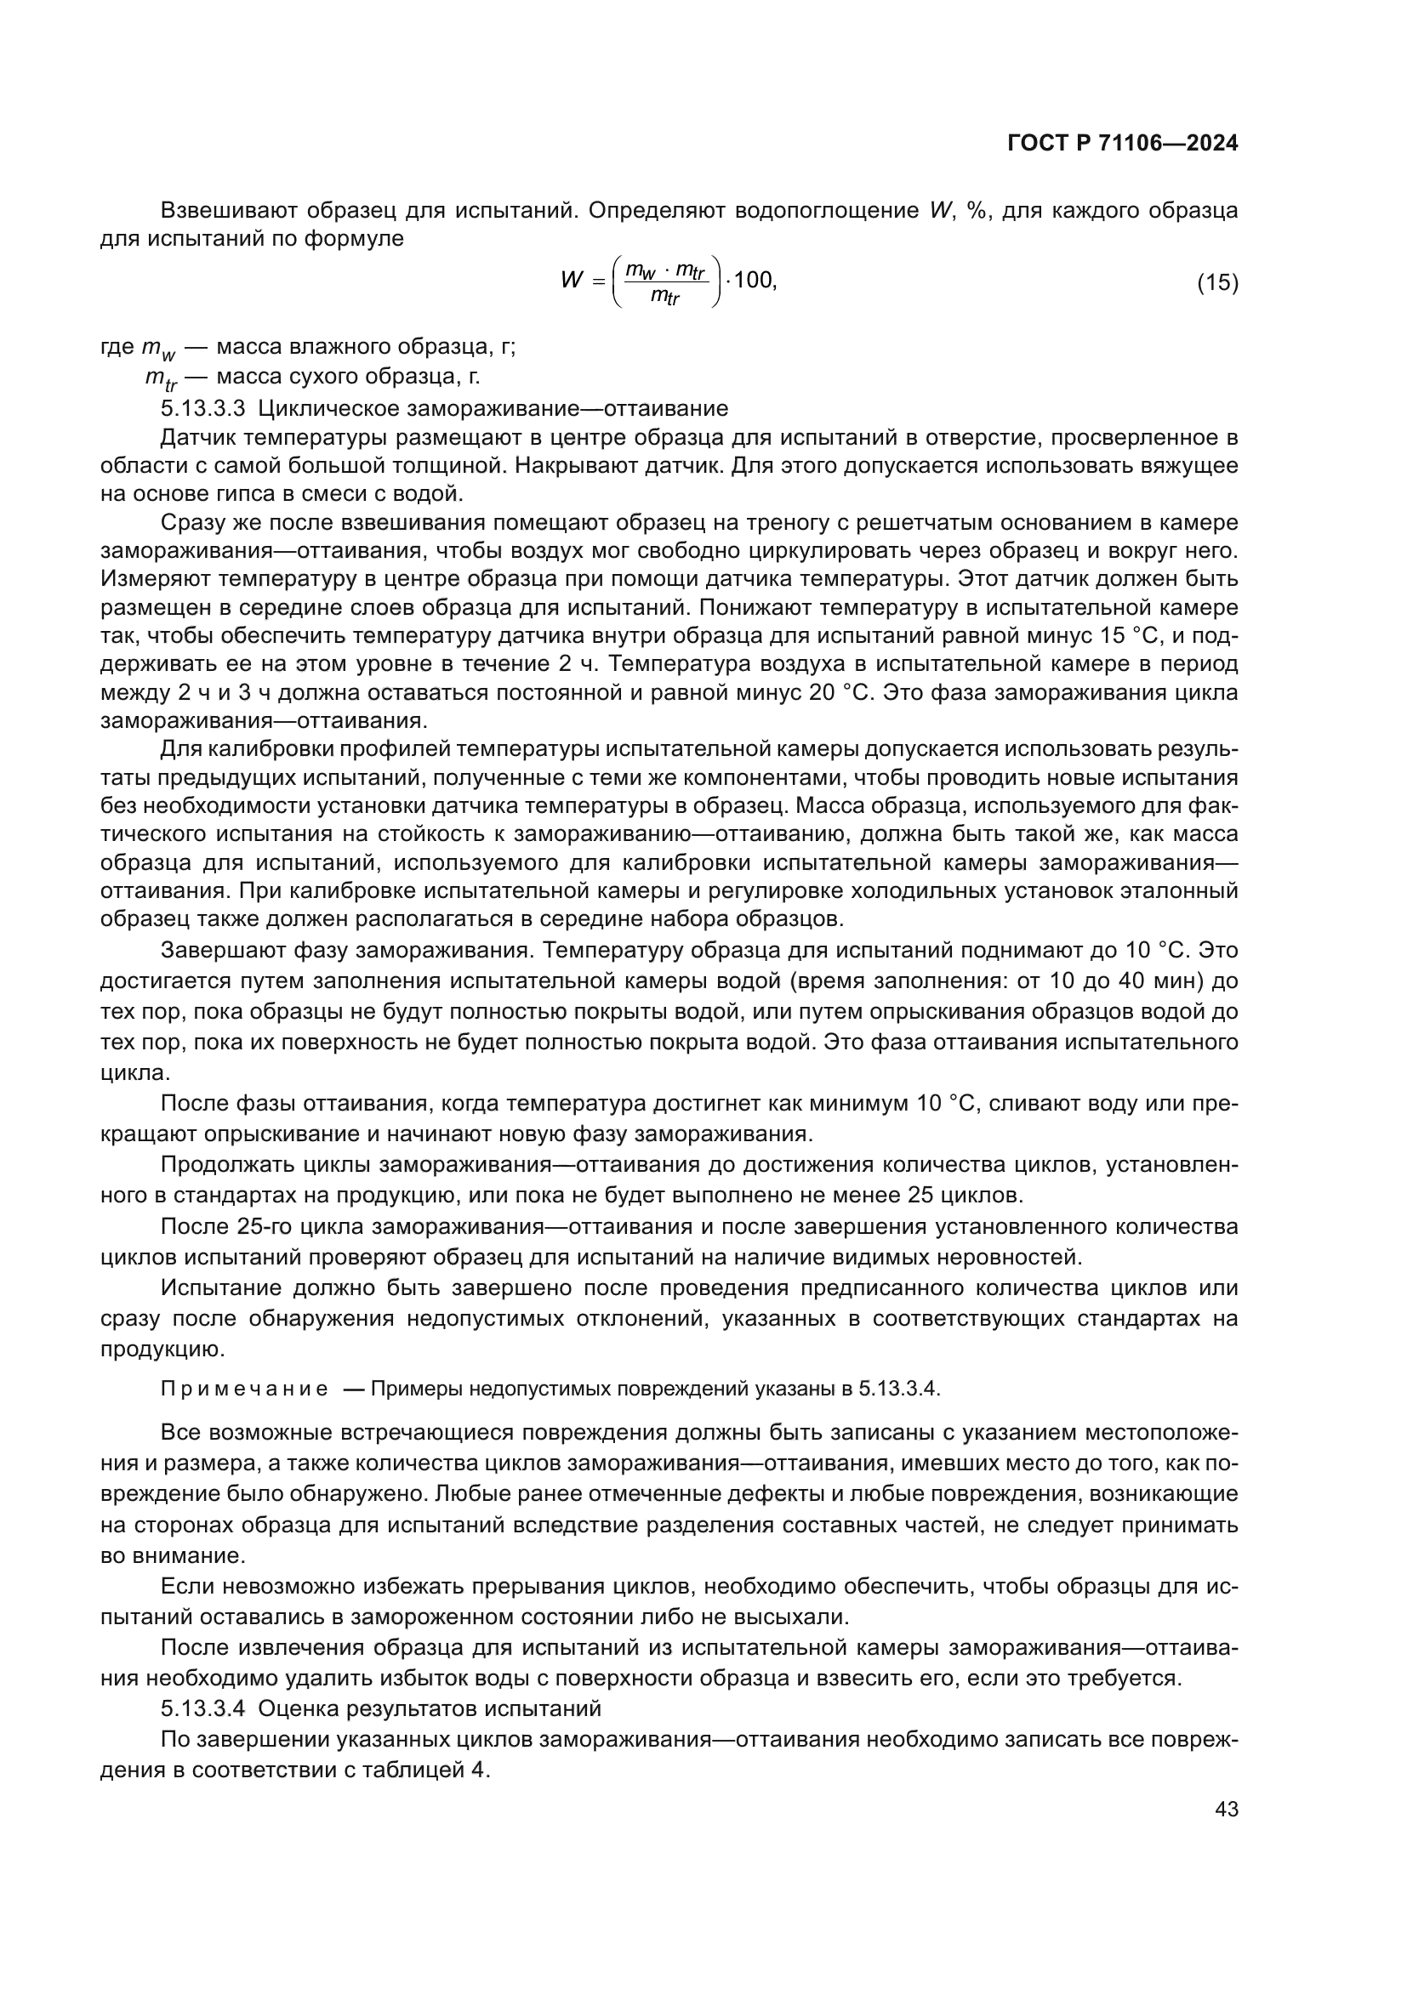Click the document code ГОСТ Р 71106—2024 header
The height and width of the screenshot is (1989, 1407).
coord(1122,144)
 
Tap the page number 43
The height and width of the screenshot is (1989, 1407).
coord(1226,1809)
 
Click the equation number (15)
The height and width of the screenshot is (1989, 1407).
coord(1217,282)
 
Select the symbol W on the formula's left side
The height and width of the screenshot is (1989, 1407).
coord(571,281)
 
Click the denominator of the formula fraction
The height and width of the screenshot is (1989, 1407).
coord(665,297)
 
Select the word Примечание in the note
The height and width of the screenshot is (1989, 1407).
coord(244,1389)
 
